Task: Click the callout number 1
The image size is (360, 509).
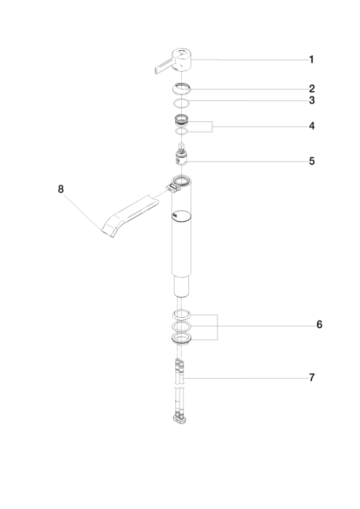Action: (311, 60)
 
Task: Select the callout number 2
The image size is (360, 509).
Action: (311, 89)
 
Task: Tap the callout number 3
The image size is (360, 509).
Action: (311, 100)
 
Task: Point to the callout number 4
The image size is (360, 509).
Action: (311, 126)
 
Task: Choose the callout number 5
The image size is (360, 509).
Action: (311, 161)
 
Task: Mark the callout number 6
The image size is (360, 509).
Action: (319, 324)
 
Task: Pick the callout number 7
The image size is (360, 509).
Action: (311, 378)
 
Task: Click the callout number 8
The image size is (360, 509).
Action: (60, 189)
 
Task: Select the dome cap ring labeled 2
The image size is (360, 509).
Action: (182, 88)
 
